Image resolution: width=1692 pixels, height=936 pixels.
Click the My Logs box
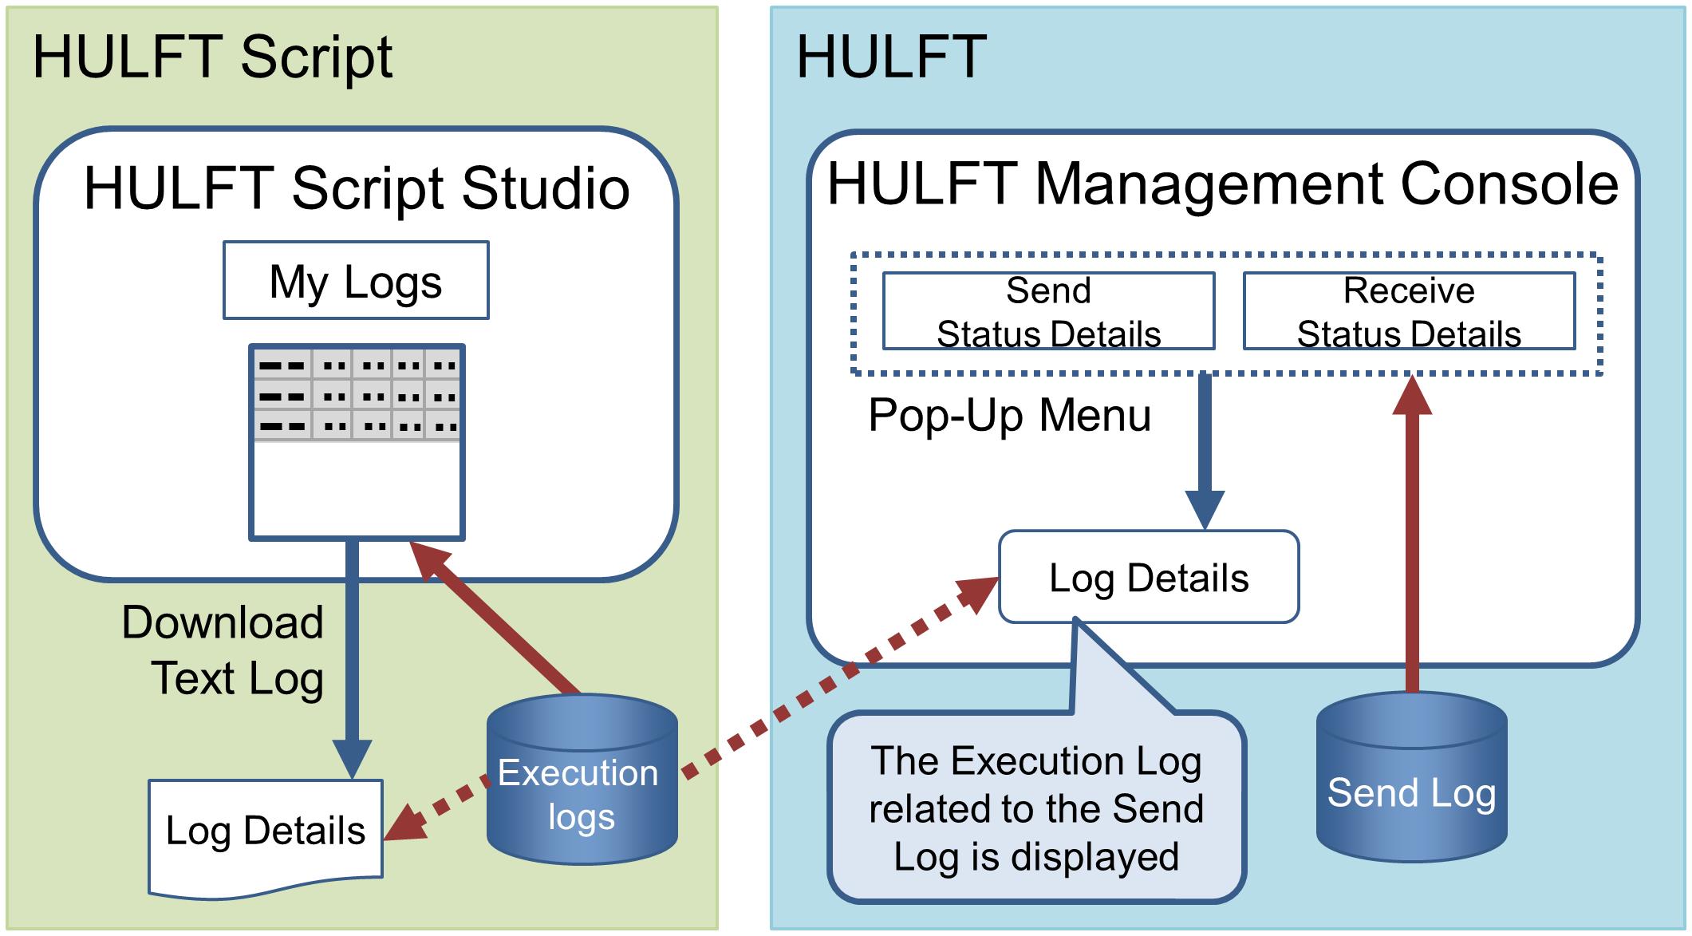(356, 280)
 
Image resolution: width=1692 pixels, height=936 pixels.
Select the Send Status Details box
(1048, 311)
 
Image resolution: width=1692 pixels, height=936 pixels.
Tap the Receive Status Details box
(1409, 311)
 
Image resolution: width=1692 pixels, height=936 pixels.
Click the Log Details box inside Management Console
(1149, 577)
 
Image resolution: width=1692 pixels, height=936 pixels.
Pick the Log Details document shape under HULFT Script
(266, 834)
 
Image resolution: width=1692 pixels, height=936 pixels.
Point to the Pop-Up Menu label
(1009, 415)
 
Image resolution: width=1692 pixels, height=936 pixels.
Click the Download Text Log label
(223, 650)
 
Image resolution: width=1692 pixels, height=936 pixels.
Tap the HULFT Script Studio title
(357, 188)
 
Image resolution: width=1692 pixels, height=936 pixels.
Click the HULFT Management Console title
(1223, 184)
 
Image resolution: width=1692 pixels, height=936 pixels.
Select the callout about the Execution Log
(1037, 806)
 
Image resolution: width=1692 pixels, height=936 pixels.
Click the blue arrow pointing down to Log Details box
(1205, 452)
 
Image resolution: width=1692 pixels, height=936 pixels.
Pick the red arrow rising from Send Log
(1412, 534)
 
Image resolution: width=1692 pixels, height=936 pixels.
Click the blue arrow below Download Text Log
(352, 660)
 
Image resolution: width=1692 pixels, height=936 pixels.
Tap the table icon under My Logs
(357, 442)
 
